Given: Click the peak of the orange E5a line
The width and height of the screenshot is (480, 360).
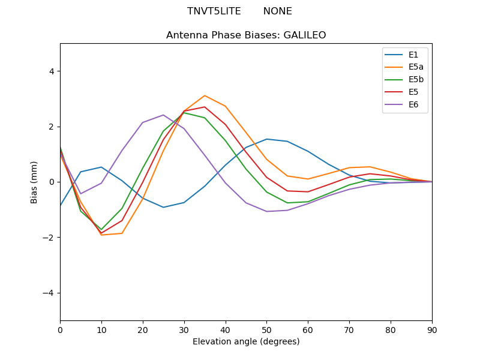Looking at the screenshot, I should coord(205,95).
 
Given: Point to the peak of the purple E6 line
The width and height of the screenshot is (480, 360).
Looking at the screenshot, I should coord(163,115).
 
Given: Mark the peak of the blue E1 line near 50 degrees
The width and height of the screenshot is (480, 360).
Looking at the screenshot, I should coord(266,139).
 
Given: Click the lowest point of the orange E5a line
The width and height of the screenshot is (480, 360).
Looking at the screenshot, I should coord(101,235).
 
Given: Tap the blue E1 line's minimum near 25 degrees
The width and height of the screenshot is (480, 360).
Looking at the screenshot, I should coord(163,207).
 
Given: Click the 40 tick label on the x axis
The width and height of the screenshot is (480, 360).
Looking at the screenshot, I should coord(225,329).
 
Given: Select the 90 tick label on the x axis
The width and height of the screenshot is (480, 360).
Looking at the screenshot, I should coord(432,329).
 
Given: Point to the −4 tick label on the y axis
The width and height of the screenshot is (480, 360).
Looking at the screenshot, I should coord(49,293).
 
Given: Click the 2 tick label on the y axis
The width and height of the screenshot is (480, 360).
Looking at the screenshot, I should coord(52,127).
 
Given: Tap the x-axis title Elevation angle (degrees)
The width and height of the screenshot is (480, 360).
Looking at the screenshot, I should coord(246,341).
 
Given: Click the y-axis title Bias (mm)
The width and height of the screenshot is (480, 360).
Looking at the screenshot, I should coord(34,182).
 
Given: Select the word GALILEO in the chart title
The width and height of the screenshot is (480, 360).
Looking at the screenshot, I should coord(303,35).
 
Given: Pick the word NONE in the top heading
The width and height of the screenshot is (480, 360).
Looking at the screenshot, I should coord(277,11).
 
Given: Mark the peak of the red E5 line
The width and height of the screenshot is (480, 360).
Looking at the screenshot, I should coord(205,107).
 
